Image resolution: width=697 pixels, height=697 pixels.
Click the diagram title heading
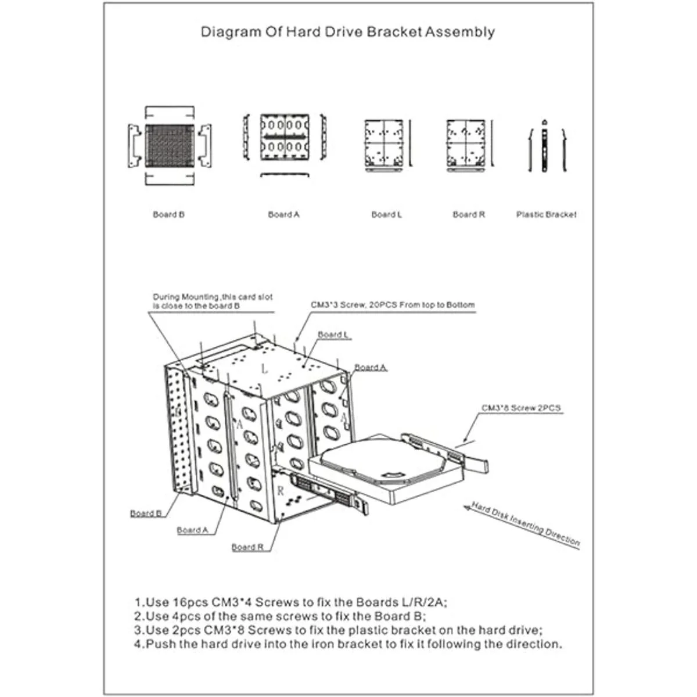click(x=347, y=32)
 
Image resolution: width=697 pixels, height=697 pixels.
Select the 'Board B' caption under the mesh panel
click(x=168, y=214)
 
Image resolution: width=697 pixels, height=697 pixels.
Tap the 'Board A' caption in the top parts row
click(x=283, y=214)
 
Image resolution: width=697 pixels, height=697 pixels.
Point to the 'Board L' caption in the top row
click(x=386, y=214)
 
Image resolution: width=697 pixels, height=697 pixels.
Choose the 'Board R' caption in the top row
click(x=468, y=214)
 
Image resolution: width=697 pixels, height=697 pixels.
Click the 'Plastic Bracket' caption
click(x=546, y=214)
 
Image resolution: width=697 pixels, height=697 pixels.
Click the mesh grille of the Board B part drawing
click(x=168, y=145)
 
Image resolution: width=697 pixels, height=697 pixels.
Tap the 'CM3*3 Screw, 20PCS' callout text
click(x=393, y=305)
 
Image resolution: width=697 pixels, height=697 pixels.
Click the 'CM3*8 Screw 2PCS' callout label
click(x=521, y=408)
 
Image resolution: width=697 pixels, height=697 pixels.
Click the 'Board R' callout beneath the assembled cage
click(x=247, y=547)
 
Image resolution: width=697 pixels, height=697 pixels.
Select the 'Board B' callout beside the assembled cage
click(x=146, y=513)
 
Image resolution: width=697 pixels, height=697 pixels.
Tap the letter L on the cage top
click(x=265, y=368)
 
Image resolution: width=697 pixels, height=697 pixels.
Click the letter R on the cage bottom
click(x=281, y=491)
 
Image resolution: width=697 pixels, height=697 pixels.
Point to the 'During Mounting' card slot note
click(x=213, y=301)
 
